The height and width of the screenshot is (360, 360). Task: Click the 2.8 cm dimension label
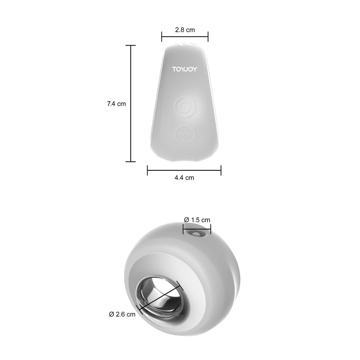click(185, 30)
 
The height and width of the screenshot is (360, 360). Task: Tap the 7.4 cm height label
click(117, 104)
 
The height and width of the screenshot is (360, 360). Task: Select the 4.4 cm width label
click(184, 178)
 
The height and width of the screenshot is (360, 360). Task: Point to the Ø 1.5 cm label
click(197, 220)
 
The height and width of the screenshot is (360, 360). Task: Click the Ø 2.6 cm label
click(122, 314)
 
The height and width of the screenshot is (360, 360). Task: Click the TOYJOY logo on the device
click(185, 69)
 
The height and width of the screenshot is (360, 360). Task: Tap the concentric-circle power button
click(185, 107)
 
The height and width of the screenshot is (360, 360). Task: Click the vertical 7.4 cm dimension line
click(131, 104)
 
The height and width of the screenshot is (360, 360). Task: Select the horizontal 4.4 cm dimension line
click(184, 170)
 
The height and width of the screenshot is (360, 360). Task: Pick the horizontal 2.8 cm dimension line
click(185, 36)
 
